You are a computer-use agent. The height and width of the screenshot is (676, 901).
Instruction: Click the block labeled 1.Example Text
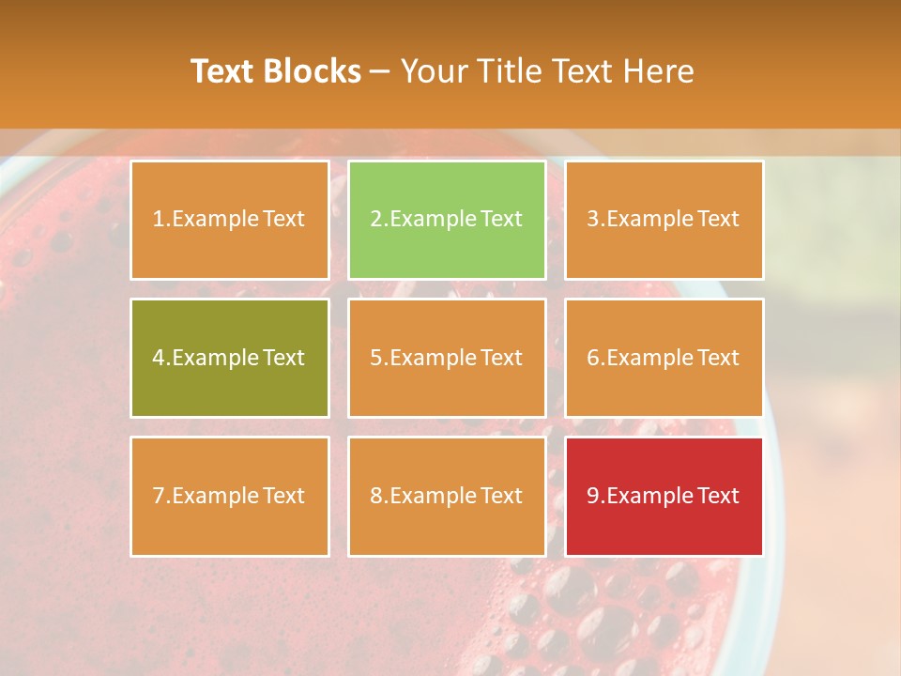pyautogui.click(x=229, y=220)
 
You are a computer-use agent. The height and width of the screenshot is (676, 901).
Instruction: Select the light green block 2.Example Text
pyautogui.click(x=447, y=220)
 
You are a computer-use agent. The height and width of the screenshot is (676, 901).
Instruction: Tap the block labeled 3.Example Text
pyautogui.click(x=664, y=220)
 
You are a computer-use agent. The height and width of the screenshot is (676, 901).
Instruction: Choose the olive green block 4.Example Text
pyautogui.click(x=229, y=358)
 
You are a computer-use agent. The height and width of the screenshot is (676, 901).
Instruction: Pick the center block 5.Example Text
pyautogui.click(x=447, y=358)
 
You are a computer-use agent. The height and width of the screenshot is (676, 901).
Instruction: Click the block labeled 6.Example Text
pyautogui.click(x=664, y=358)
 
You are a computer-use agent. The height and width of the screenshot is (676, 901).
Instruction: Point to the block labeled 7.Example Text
pyautogui.click(x=229, y=496)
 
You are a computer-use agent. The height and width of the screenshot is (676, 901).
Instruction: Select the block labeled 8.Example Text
pyautogui.click(x=447, y=496)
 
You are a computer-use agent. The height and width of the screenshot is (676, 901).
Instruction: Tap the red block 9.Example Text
pyautogui.click(x=664, y=496)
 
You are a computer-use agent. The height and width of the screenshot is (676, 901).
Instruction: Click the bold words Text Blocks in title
pyautogui.click(x=276, y=71)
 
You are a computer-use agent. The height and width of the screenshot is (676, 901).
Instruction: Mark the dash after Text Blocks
pyautogui.click(x=380, y=71)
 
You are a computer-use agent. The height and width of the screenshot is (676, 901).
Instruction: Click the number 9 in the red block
pyautogui.click(x=593, y=496)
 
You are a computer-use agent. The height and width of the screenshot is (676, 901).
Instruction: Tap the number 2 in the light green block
pyautogui.click(x=376, y=220)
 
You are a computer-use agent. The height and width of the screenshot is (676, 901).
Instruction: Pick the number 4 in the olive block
pyautogui.click(x=159, y=358)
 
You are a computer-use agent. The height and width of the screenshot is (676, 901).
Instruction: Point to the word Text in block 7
pyautogui.click(x=284, y=496)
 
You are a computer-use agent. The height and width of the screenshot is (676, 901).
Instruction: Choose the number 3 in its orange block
pyautogui.click(x=593, y=220)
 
